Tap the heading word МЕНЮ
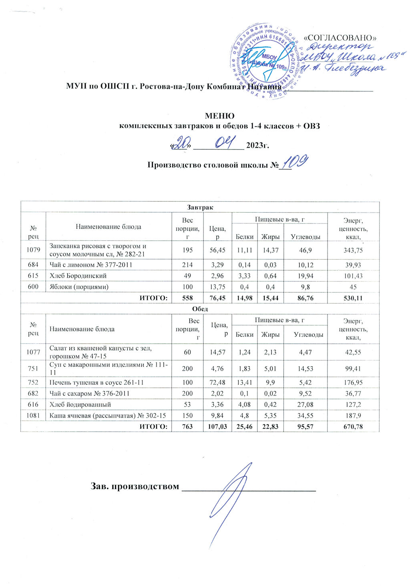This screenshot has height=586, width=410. [219, 116]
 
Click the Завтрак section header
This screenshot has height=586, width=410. [200, 207]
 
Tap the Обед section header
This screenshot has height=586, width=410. [200, 309]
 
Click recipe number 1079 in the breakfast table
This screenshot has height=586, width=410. [33, 250]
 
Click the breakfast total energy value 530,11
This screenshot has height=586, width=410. [353, 298]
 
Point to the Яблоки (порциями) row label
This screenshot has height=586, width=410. [79, 287]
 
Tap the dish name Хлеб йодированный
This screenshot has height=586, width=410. [80, 405]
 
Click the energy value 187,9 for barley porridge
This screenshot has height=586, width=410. [353, 416]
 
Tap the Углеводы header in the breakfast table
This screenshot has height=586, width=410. [305, 237]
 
